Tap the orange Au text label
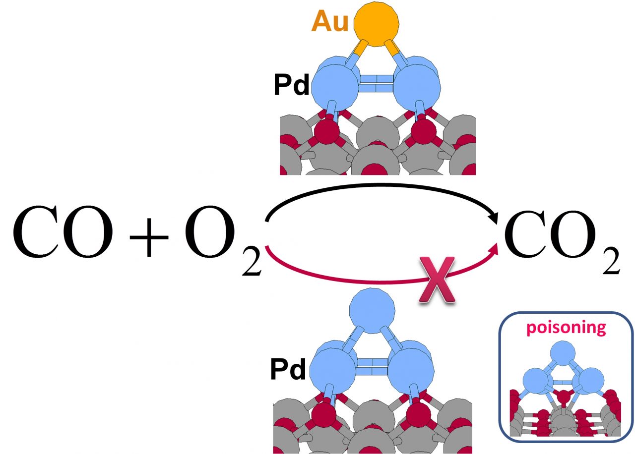point(330,22)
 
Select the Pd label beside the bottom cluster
point(288,369)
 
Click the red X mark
point(436,282)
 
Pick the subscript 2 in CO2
point(610,261)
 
